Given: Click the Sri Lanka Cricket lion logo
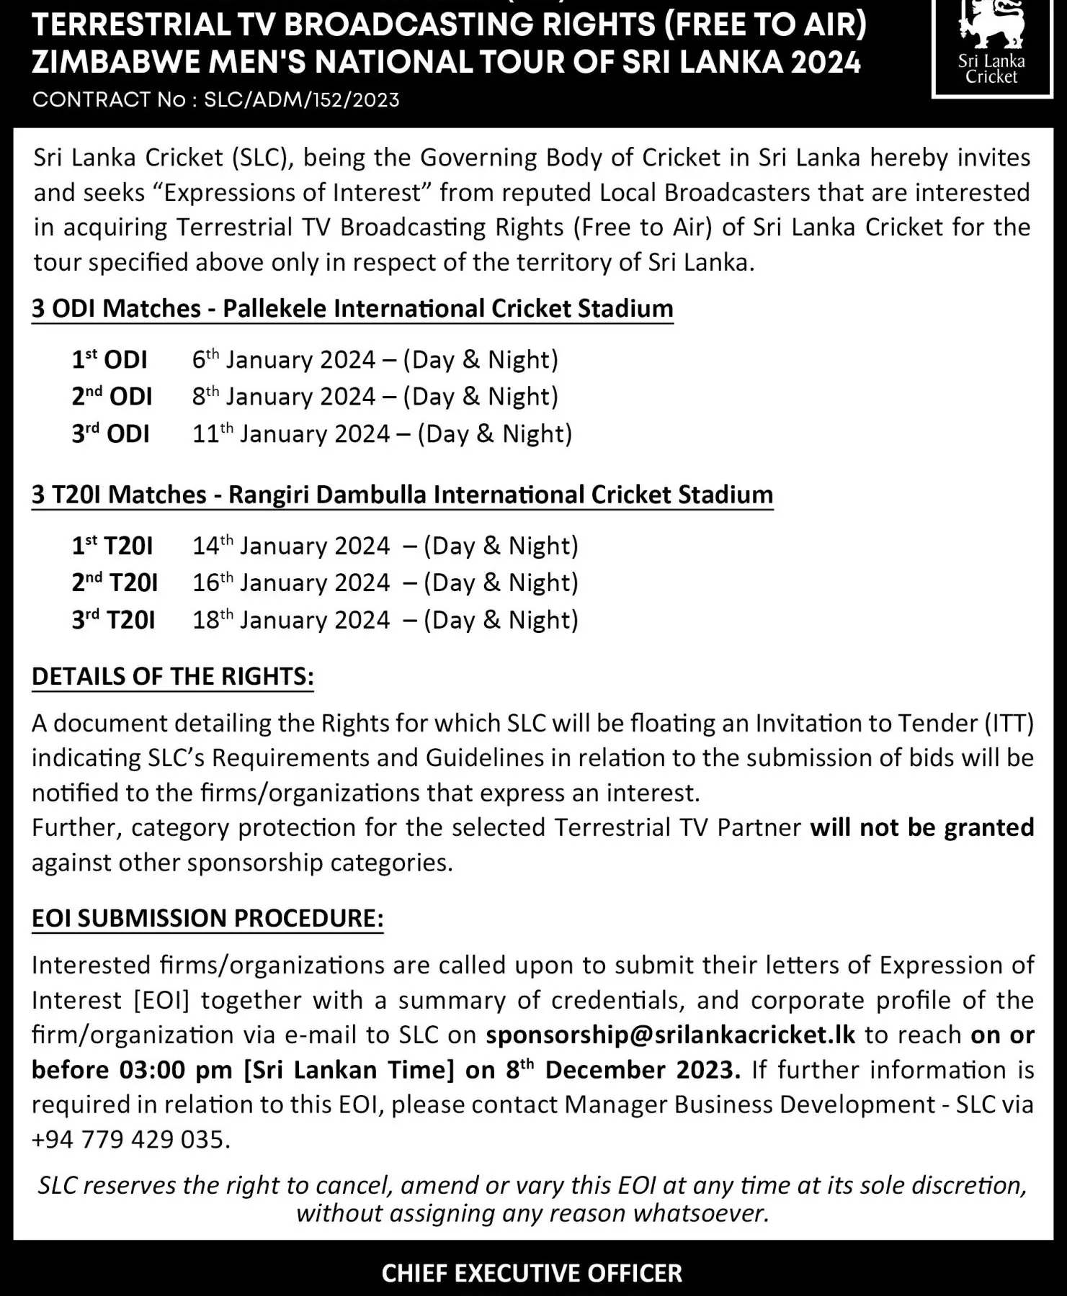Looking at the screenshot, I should pos(991,26).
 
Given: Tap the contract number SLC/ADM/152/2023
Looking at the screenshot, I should pos(301,99).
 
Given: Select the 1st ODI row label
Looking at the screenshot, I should pos(110,359).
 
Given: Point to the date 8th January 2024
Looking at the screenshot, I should pos(284,397).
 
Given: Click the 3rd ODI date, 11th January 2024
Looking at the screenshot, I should pos(291,434).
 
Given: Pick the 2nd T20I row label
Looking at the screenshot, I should pos(115,582).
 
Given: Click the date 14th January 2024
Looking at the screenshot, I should pos(291,546).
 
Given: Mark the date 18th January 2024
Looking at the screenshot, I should pos(291,620).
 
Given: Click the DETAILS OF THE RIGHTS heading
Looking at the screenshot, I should pos(173,676).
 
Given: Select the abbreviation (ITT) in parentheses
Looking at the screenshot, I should pos(1009,723).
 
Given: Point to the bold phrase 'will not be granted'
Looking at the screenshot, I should pos(921,827).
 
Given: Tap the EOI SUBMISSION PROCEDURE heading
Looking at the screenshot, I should pos(207,918).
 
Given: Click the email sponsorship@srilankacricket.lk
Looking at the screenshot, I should pos(671,1035).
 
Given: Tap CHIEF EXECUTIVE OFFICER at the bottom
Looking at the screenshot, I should pos(532,1273).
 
